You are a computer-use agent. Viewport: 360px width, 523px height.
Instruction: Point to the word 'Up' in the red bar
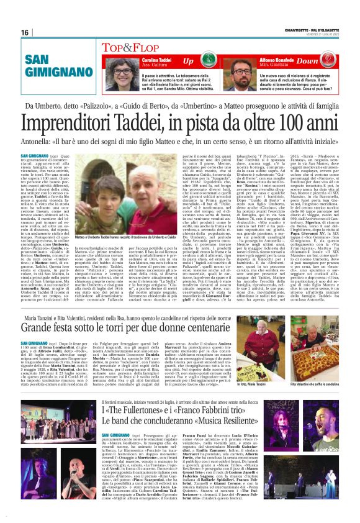coord(205,61)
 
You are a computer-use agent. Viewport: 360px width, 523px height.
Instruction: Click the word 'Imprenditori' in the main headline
coord(92,124)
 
